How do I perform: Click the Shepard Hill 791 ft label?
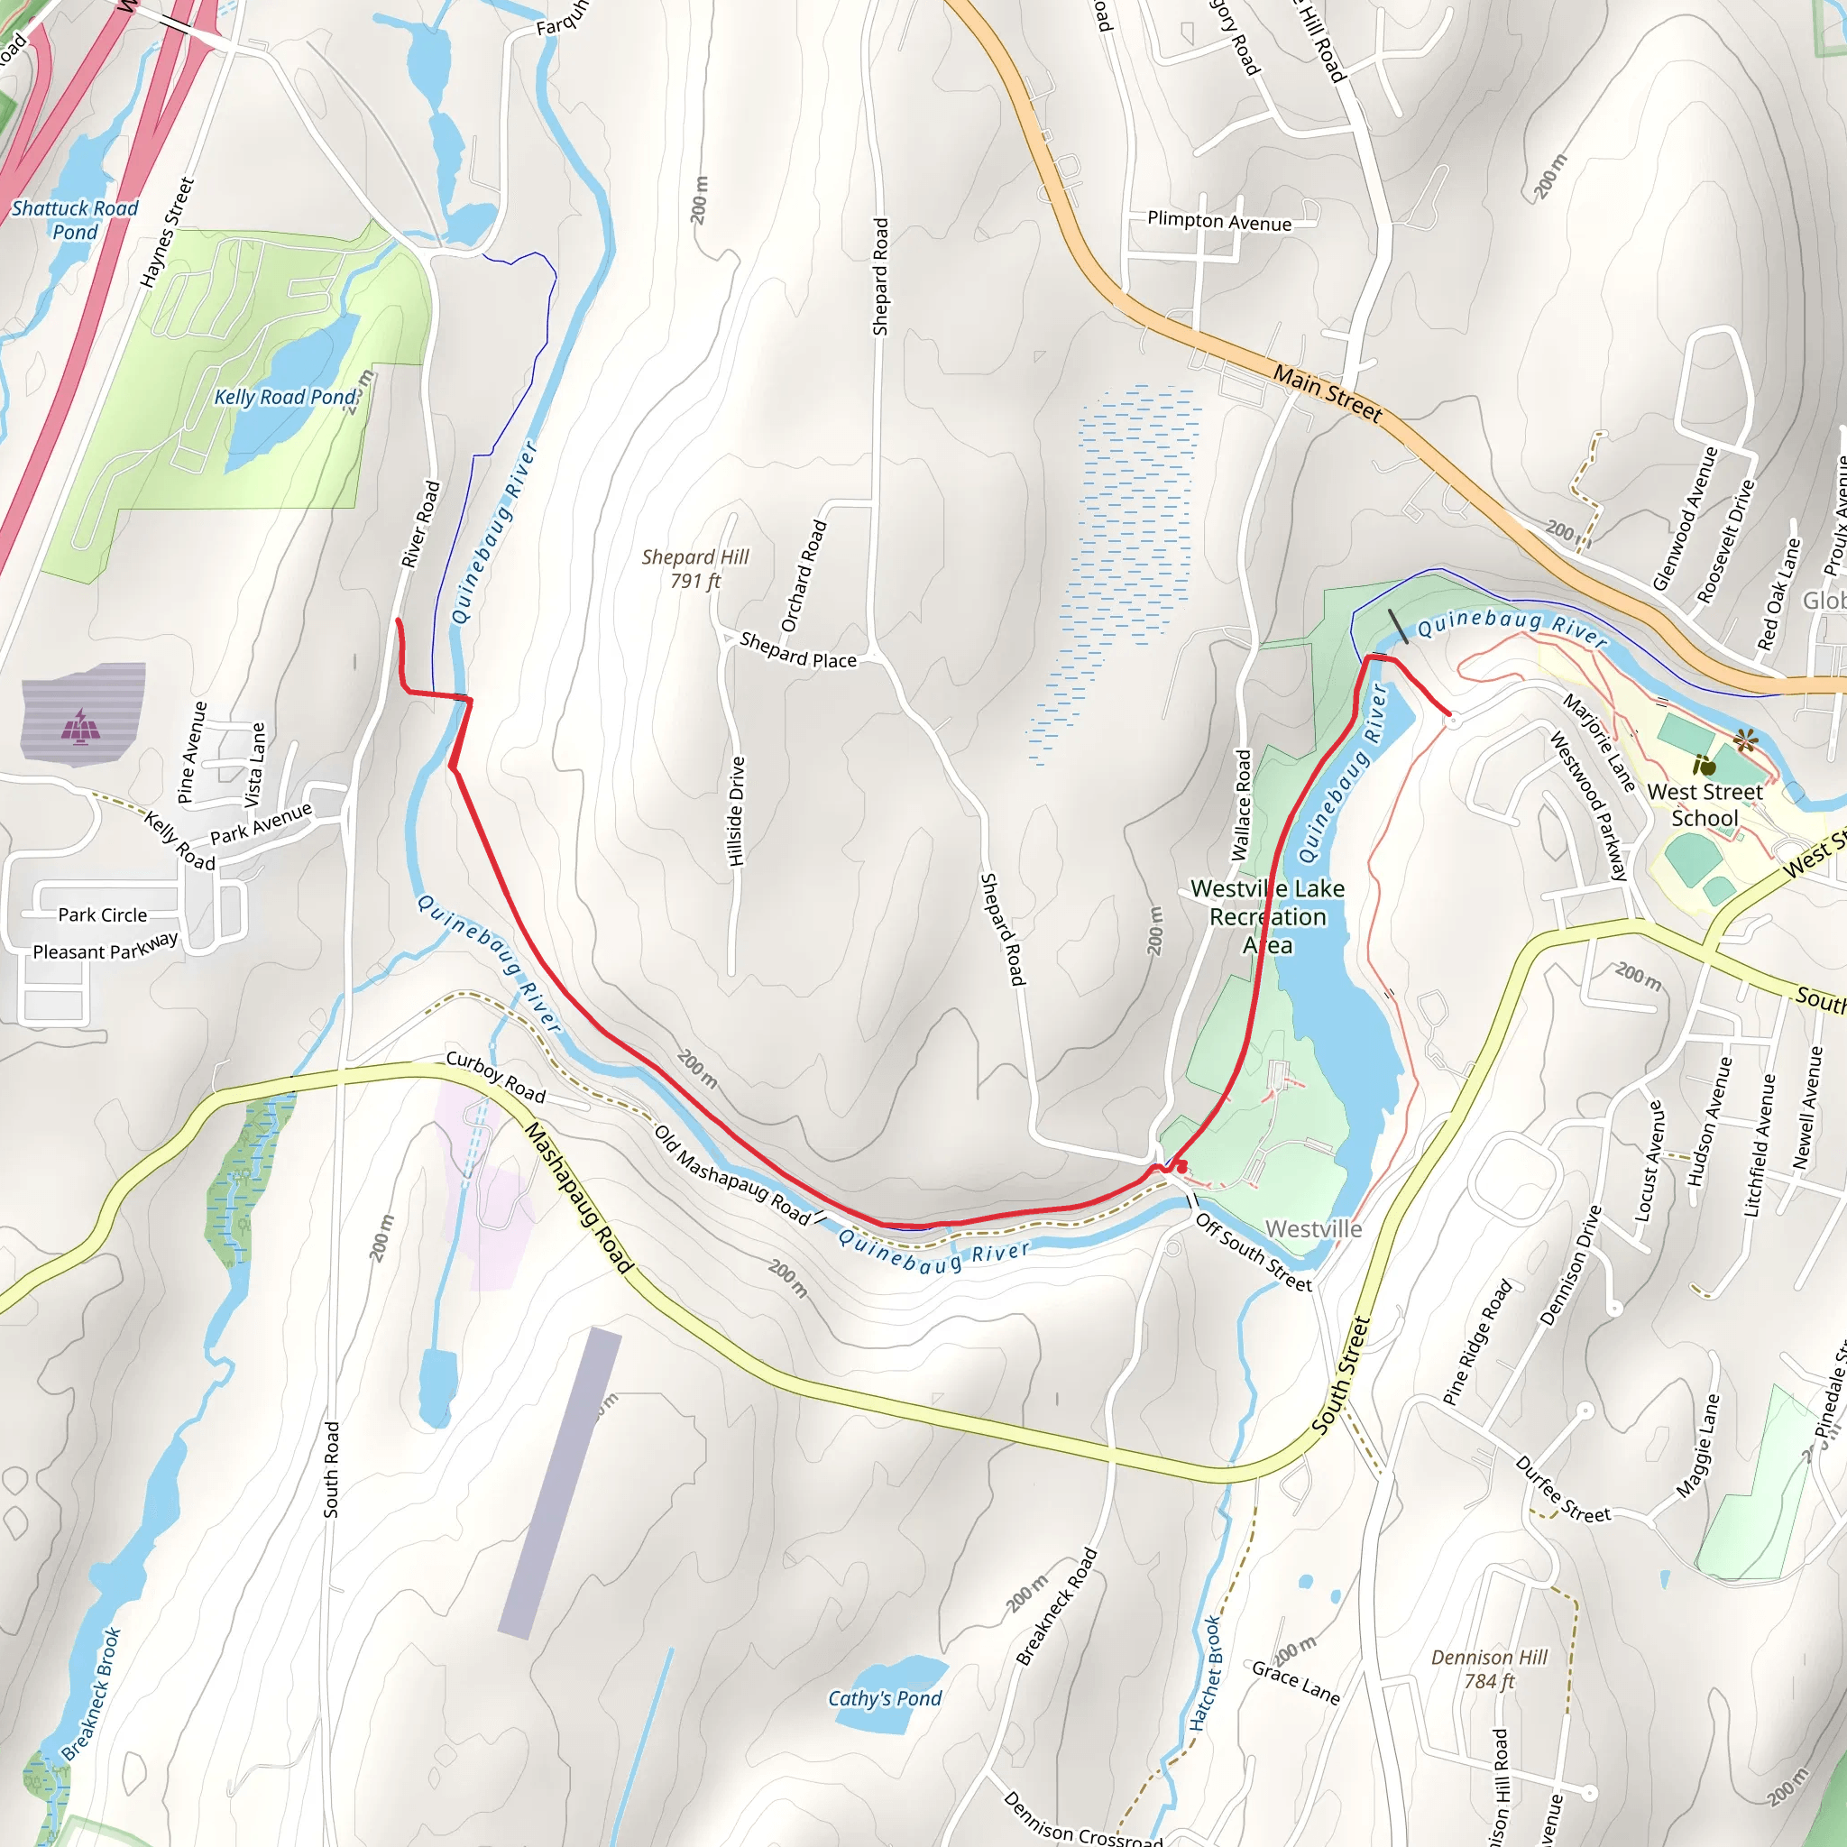pos(695,568)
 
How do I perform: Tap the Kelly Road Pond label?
pos(284,397)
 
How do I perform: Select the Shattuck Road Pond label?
pos(75,219)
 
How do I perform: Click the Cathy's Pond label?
pos(885,1698)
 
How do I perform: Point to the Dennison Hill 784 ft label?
pos(1488,1668)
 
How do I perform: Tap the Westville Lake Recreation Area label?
pos(1268,916)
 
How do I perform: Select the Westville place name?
pos(1312,1228)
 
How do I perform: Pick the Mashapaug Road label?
pos(578,1198)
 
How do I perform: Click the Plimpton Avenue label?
pos(1219,221)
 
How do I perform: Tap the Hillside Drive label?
pos(736,812)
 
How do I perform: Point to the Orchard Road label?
pos(803,575)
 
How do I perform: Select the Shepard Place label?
pos(797,651)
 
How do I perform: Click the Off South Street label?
pos(1254,1253)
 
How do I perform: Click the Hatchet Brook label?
pos(1205,1673)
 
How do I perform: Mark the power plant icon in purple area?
pos(80,727)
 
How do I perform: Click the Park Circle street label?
pos(102,914)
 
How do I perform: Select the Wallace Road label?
pos(1241,805)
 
